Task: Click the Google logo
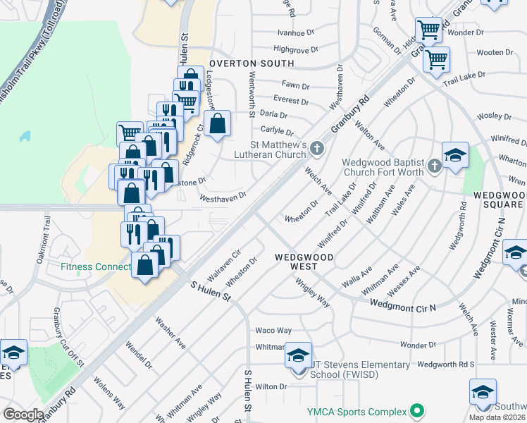24,415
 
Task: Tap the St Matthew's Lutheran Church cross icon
317,148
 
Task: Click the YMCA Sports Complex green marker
417,411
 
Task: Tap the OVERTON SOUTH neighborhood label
240,63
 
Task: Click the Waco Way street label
273,330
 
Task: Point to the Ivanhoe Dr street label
294,32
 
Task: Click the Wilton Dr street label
271,386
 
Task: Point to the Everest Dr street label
287,100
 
